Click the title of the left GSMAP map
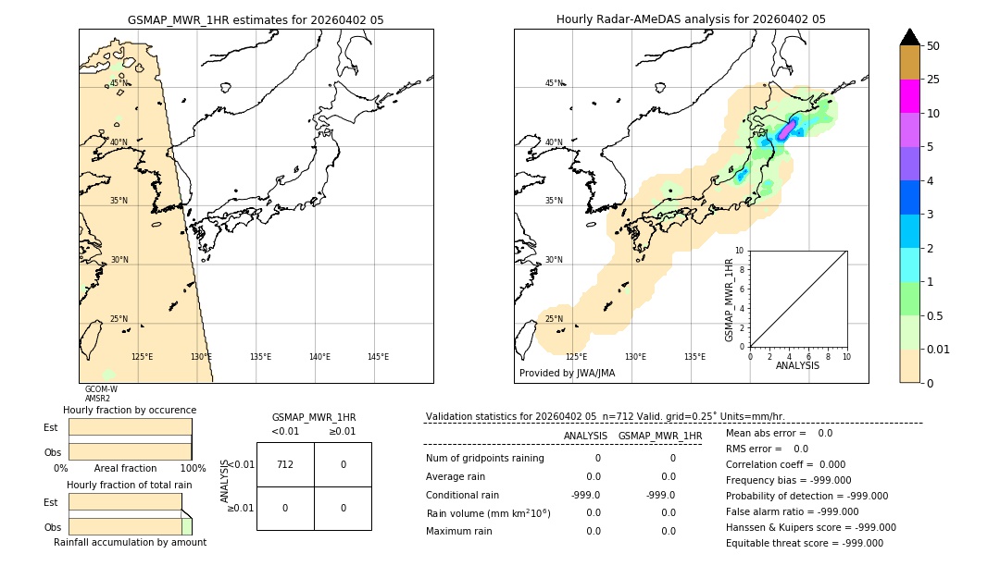pyautogui.click(x=256, y=19)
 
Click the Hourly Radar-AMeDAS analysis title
pyautogui.click(x=691, y=19)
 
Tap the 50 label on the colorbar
pyautogui.click(x=933, y=46)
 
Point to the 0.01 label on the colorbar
pyautogui.click(x=939, y=349)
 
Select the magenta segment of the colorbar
pyautogui.click(x=909, y=96)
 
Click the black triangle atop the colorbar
pyautogui.click(x=909, y=37)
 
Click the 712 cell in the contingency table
pyautogui.click(x=285, y=464)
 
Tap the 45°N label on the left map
pyautogui.click(x=119, y=83)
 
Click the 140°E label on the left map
pyautogui.click(x=319, y=357)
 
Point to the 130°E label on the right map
pyautogui.click(x=635, y=357)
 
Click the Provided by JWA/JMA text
pyautogui.click(x=567, y=374)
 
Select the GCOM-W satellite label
pyautogui.click(x=101, y=389)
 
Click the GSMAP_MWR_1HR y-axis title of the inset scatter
pyautogui.click(x=730, y=300)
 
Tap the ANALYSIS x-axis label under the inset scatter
pyautogui.click(x=798, y=365)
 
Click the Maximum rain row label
pyautogui.click(x=459, y=531)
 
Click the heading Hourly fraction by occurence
pyautogui.click(x=130, y=410)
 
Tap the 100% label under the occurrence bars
pyautogui.click(x=193, y=469)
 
